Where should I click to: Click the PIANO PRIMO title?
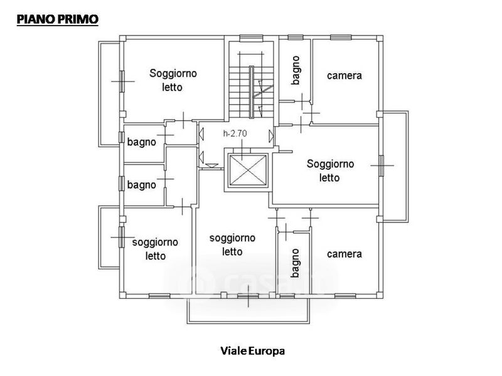click(x=57, y=20)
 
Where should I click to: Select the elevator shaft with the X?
click(x=248, y=169)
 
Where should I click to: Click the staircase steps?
click(x=238, y=88)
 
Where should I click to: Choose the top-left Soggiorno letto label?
click(x=173, y=80)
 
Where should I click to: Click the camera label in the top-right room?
click(x=344, y=76)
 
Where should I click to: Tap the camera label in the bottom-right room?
click(x=344, y=254)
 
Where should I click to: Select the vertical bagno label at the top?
click(x=295, y=70)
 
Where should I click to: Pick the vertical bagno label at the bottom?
click(x=294, y=263)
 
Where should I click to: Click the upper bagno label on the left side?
click(x=141, y=142)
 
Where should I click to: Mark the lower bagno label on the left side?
click(x=141, y=185)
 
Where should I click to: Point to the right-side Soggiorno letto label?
click(x=330, y=170)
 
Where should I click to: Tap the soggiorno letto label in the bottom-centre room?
click(x=232, y=244)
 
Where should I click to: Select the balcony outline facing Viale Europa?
click(x=248, y=310)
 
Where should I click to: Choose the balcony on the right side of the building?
click(x=395, y=165)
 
